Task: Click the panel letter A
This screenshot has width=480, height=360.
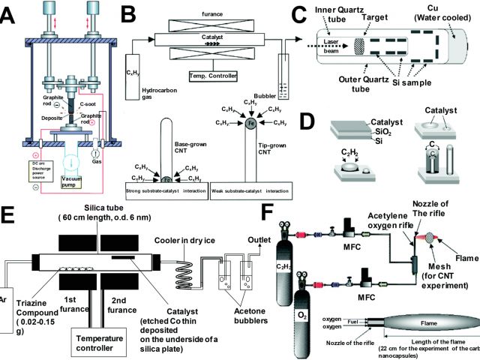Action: click(x=11, y=13)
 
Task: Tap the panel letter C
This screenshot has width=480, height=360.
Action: click(x=298, y=13)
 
